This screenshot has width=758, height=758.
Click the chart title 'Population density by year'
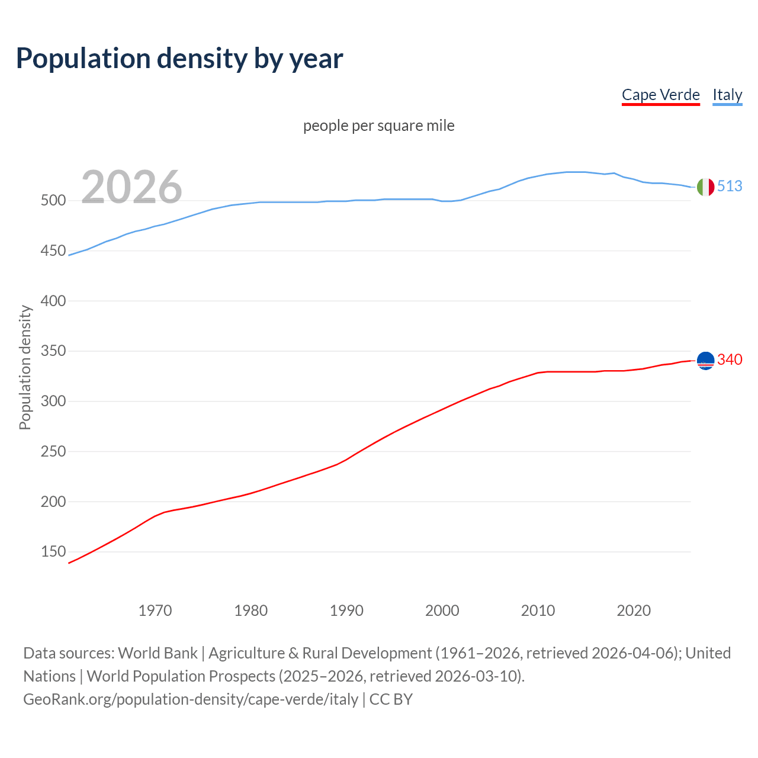(x=179, y=59)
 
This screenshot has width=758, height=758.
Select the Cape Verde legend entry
(x=660, y=95)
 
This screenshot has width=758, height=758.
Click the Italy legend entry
(x=727, y=95)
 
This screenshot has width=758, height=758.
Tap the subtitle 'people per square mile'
(x=379, y=126)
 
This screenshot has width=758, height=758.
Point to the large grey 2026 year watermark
(x=131, y=187)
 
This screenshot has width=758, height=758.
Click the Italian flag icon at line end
(x=705, y=187)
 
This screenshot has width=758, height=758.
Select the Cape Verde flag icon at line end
(x=705, y=360)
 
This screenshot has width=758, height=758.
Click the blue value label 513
(x=730, y=186)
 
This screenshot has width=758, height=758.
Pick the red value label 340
(x=730, y=359)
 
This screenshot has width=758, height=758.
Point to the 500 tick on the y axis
(x=53, y=201)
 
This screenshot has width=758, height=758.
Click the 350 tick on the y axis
(x=53, y=351)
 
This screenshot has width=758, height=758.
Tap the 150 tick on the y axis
(x=53, y=552)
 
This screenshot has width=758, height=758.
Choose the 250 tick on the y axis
(x=53, y=452)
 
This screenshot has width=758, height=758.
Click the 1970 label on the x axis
(x=155, y=611)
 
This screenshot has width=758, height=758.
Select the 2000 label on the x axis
(x=442, y=611)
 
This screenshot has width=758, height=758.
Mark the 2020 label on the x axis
(x=634, y=611)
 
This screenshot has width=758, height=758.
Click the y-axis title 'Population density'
(x=25, y=367)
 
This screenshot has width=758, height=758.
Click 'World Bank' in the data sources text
(x=158, y=653)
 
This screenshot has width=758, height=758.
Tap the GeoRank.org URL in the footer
(x=191, y=699)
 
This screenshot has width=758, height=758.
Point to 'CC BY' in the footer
(x=391, y=699)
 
